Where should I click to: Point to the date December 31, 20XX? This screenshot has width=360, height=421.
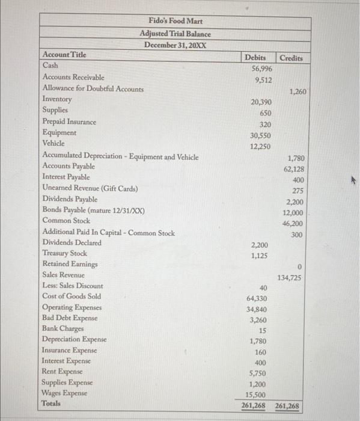coord(175,45)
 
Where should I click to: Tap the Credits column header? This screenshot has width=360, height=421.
coord(291,58)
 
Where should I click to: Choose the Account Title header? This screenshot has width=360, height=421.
coord(64,55)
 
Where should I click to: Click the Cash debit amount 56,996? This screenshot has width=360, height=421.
coord(261,69)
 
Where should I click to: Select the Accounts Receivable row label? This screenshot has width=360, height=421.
coord(73,77)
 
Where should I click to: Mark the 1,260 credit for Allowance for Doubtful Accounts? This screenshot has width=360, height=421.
coord(297,92)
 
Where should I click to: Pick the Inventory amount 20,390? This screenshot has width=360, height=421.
coord(261,102)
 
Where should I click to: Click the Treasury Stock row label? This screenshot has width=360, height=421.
coord(64,253)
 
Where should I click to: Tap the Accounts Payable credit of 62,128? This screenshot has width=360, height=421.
coord(293,169)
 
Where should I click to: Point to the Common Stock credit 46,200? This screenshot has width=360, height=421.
coord(292,223)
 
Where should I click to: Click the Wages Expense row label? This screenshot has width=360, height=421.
coord(64,393)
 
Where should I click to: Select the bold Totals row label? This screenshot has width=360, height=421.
coord(52,404)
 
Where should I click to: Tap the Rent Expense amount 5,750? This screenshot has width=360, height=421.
coord(260,373)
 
